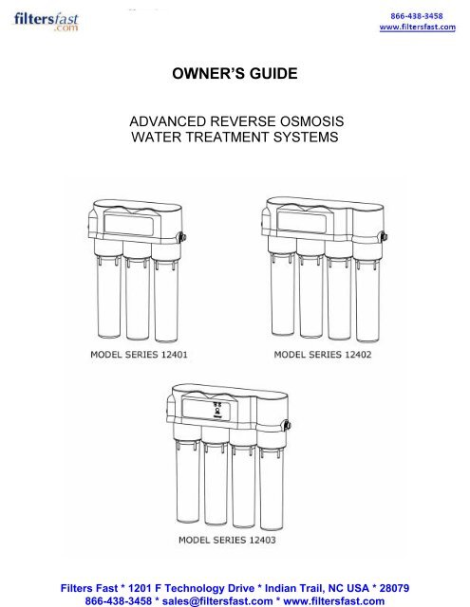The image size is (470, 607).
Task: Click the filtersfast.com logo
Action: click(47, 22)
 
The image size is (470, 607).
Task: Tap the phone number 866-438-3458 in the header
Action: click(417, 16)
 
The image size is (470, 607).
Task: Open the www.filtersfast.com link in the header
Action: click(418, 28)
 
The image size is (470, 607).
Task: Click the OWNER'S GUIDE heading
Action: click(235, 74)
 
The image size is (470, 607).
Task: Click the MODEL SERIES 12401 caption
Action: click(139, 355)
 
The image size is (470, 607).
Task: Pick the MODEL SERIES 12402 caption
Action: click(323, 355)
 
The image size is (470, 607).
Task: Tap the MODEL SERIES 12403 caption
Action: click(227, 540)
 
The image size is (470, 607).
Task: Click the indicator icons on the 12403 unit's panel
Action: click(217, 410)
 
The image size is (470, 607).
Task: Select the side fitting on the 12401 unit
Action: click(182, 237)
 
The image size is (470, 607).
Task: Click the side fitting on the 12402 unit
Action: click(384, 236)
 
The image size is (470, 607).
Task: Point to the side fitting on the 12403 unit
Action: click(288, 425)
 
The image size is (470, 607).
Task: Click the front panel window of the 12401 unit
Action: click(131, 224)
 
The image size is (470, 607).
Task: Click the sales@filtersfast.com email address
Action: click(217, 601)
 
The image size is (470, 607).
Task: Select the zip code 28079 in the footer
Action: click(394, 588)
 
